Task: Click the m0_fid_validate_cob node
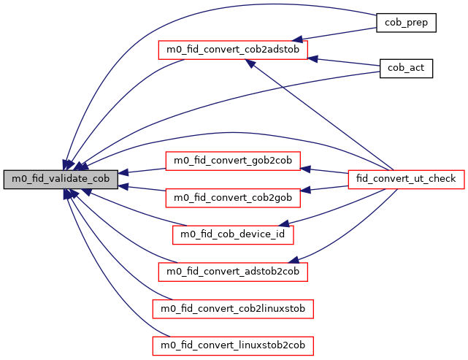pos(61,179)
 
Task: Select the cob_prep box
pos(406,23)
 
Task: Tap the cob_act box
pos(406,69)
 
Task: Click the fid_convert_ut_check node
pos(405,179)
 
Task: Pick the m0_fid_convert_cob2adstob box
pos(233,50)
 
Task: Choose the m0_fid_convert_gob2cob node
pos(232,161)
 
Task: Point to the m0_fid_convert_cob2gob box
pos(232,197)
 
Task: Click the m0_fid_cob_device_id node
pos(232,234)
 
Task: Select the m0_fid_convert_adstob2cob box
pos(233,272)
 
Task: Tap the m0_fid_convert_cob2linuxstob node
pos(233,309)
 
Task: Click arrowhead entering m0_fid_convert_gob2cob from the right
pos(306,168)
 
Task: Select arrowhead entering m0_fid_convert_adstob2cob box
pos(296,259)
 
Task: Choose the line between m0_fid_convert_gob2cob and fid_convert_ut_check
pos(329,172)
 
